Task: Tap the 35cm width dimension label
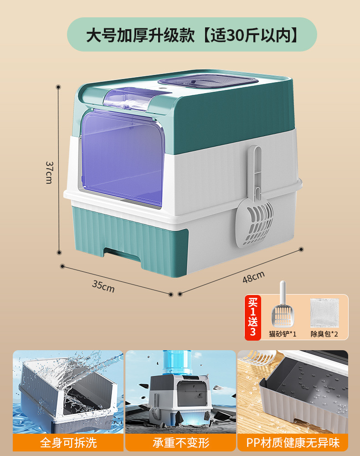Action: click(x=103, y=286)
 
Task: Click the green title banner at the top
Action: click(x=192, y=35)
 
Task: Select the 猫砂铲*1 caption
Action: click(x=283, y=334)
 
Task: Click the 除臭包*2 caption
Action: click(x=324, y=334)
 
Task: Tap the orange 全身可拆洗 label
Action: click(x=68, y=442)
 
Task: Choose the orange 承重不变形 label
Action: click(x=180, y=442)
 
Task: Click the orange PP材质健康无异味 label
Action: click(x=293, y=442)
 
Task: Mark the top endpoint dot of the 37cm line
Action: click(x=58, y=86)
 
